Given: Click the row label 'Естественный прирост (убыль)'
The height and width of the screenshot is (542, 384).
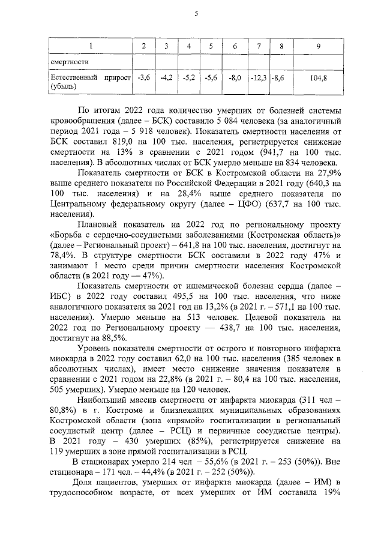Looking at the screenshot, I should pyautogui.click(x=90, y=82).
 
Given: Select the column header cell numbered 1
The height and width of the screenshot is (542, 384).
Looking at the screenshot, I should pyautogui.click(x=90, y=46).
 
